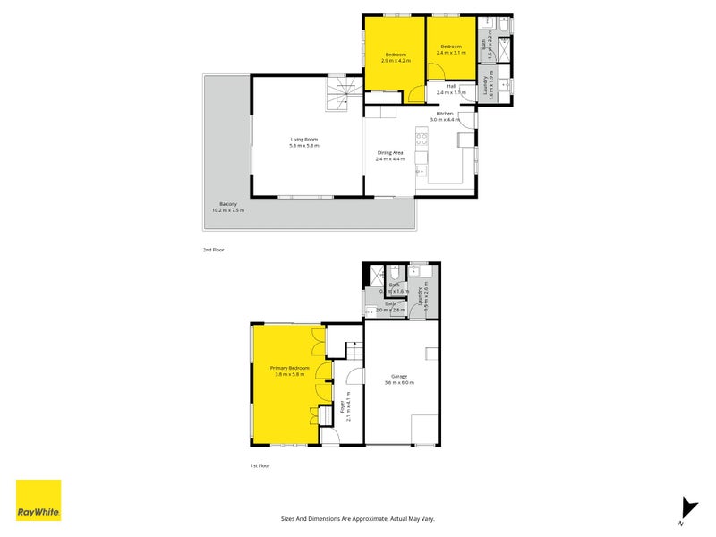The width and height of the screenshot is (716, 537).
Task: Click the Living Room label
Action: click(304, 139)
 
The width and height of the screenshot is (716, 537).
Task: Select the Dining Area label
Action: click(390, 152)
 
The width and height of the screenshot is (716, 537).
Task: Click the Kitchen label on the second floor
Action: click(446, 114)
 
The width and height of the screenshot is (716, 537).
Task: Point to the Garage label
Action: click(399, 376)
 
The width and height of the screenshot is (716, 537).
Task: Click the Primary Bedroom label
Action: click(290, 368)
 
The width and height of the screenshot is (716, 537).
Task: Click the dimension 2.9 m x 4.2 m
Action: click(396, 61)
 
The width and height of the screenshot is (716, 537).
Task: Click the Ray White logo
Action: click(38, 500)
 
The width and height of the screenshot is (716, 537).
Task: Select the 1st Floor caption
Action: click(260, 465)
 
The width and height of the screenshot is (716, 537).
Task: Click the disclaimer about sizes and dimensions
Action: click(357, 518)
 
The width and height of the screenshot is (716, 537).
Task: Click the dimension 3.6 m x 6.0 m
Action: click(399, 383)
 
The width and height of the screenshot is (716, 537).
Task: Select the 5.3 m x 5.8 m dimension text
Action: click(304, 146)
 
